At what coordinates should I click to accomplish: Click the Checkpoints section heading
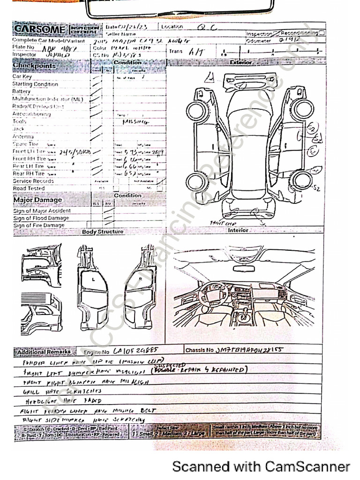coord(34,66)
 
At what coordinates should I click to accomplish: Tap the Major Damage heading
coord(37,200)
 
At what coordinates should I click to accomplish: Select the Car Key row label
coord(22,76)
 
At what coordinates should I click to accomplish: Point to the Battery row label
coord(22,91)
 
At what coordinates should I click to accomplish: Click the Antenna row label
coord(23,136)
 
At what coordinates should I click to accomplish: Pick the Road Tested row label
coord(29,188)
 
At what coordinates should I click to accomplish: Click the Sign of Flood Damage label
coord(41,218)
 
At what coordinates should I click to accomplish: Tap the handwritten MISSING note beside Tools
coord(135,121)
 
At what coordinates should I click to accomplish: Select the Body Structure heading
coord(103,232)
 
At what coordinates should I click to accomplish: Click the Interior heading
coord(238,231)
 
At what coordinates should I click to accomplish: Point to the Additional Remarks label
coord(43,352)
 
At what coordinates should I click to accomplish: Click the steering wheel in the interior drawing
coord(213,293)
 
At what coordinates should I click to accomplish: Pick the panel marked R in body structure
coord(141,279)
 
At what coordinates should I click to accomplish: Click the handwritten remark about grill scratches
coord(62,390)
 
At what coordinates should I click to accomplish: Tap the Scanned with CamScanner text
coord(261,466)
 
